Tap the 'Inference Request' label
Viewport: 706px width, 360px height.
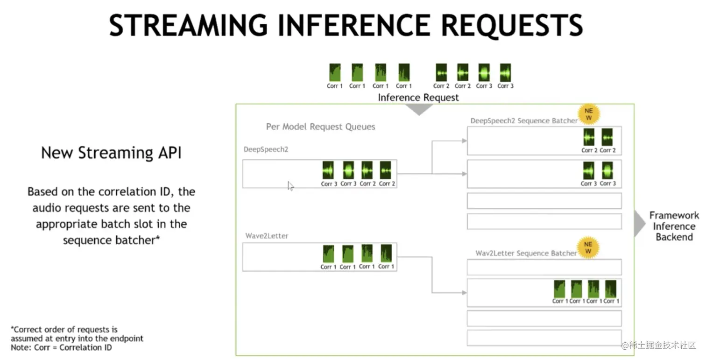[x=418, y=98]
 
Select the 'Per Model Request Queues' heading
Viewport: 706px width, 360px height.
[x=320, y=127]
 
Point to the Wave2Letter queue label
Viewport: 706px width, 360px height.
[x=267, y=236]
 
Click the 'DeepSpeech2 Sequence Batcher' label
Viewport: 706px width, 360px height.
[x=523, y=120]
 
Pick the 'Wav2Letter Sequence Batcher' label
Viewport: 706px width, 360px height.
[x=526, y=253]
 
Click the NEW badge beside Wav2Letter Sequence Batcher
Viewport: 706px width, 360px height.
[x=588, y=247]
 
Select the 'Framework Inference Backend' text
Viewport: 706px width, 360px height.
[x=674, y=226]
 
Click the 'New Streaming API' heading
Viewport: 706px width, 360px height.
[x=111, y=153]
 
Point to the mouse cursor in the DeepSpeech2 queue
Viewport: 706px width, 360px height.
[x=290, y=186]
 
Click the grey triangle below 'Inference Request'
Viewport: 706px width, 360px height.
[x=419, y=109]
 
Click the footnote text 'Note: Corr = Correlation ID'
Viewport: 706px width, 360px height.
[x=62, y=347]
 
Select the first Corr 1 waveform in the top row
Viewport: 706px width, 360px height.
[x=334, y=73]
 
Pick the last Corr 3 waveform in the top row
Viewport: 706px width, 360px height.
[x=505, y=73]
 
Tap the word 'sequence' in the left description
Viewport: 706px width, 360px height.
[x=86, y=240]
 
